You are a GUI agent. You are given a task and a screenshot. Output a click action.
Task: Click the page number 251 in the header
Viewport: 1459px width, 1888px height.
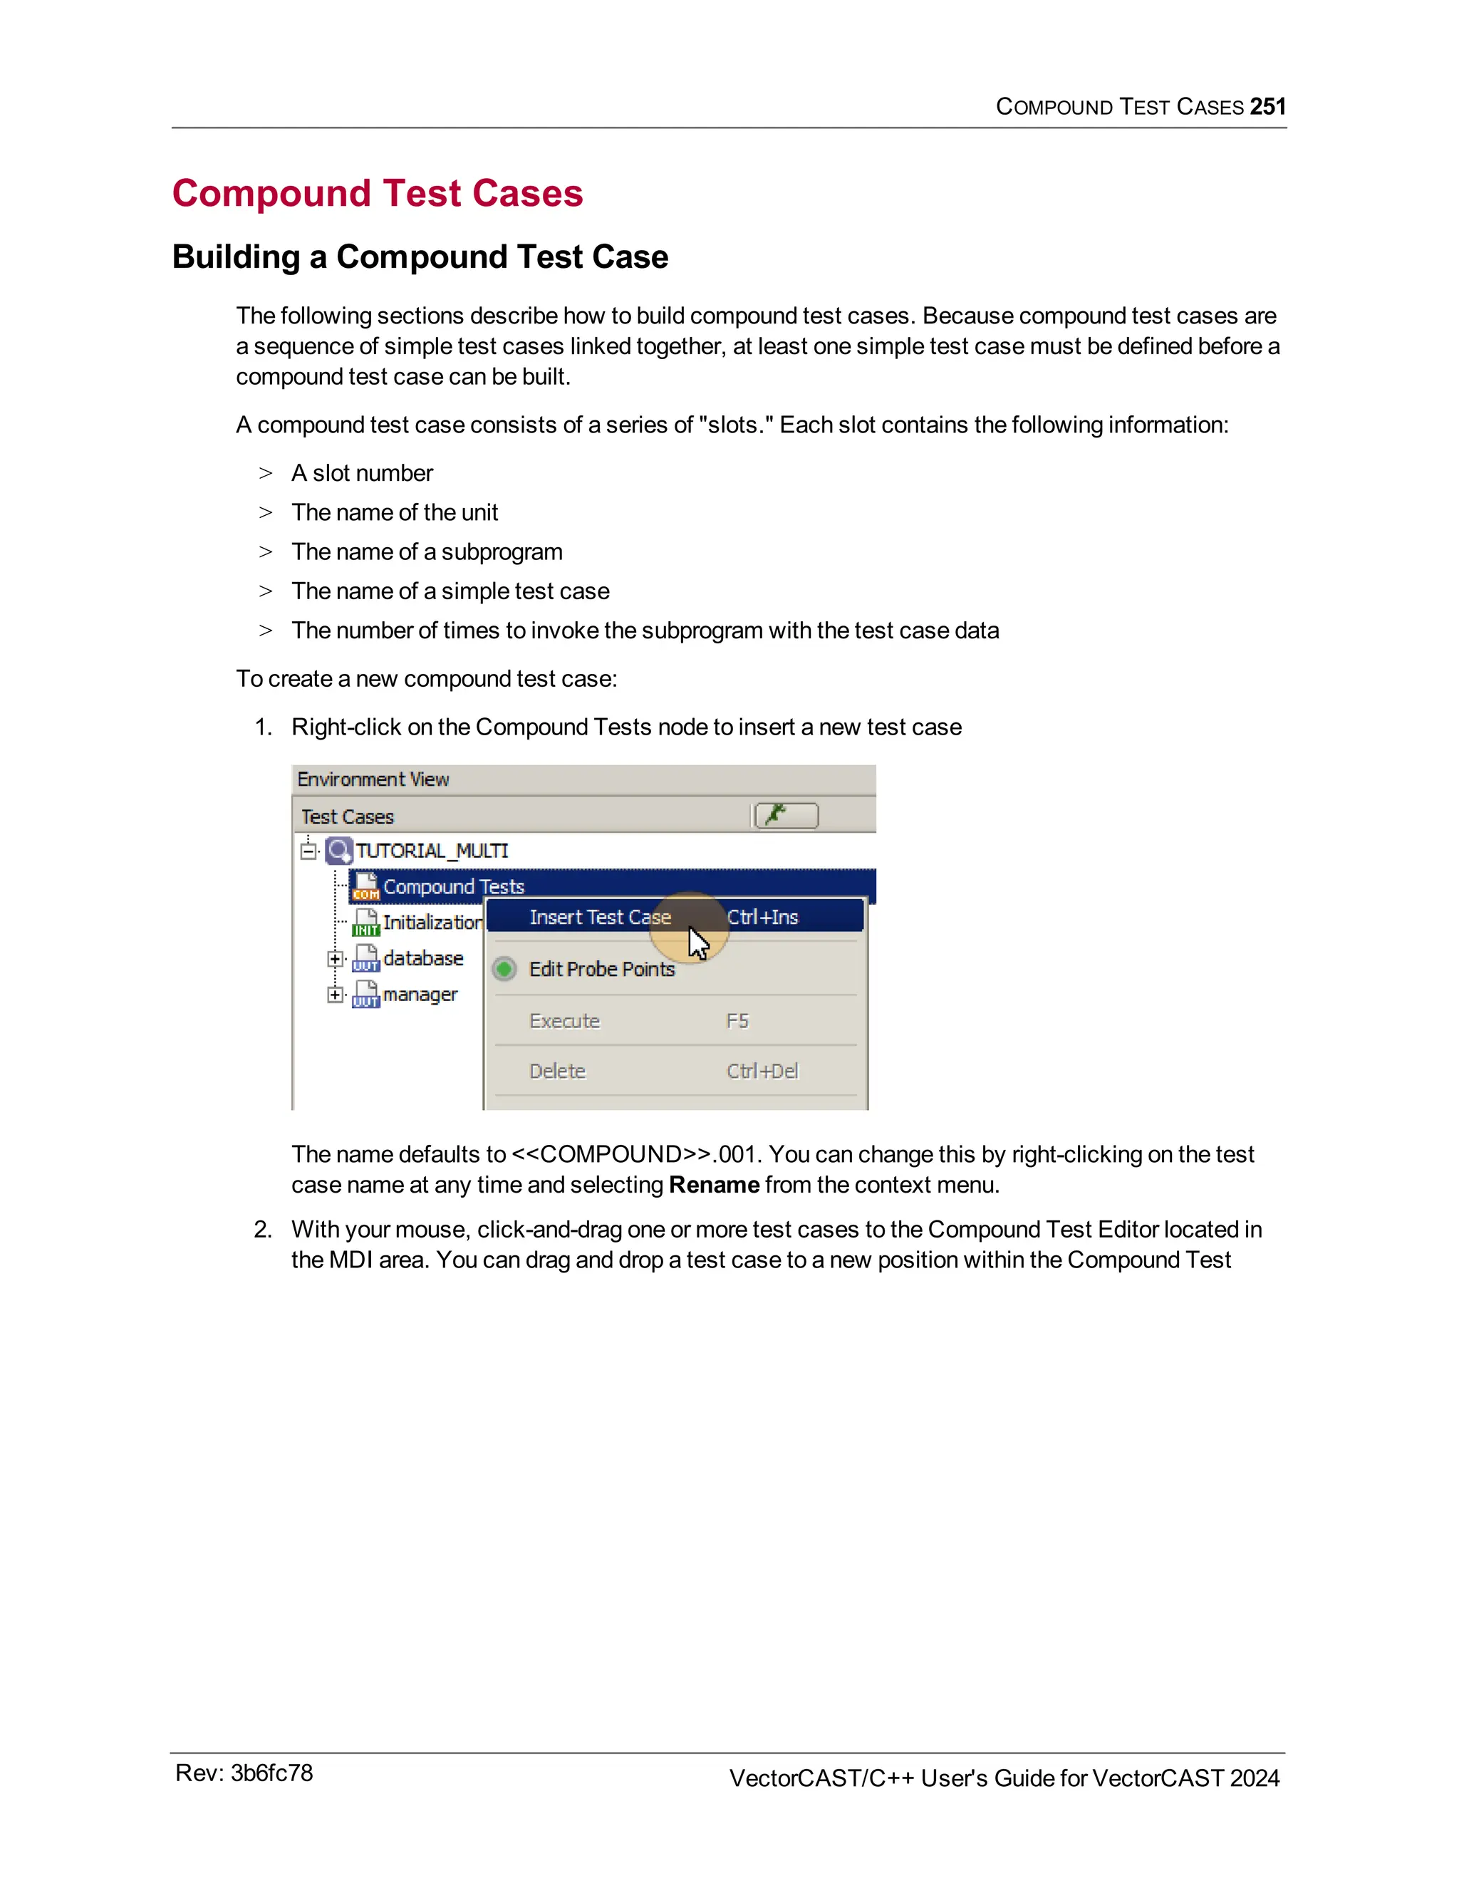pos(1267,106)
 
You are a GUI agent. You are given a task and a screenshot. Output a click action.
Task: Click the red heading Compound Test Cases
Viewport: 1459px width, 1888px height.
pos(378,193)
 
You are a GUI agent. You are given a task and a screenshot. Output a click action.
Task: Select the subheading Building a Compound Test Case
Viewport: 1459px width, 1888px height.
pos(420,256)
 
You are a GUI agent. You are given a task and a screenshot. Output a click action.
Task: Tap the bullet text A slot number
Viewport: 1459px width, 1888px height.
pos(362,473)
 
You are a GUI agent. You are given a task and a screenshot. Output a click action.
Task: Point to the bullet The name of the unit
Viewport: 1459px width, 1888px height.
pos(394,513)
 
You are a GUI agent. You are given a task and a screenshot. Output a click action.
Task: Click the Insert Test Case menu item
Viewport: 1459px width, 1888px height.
pos(600,917)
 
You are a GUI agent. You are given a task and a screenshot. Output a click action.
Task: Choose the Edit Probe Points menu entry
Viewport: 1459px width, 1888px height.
pos(601,969)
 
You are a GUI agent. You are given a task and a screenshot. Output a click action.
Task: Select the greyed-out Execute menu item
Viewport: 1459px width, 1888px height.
pos(564,1021)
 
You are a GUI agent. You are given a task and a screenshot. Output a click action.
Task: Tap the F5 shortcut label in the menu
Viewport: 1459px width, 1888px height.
pos(737,1021)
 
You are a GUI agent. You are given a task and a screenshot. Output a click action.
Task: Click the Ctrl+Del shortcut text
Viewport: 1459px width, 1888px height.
pos(762,1071)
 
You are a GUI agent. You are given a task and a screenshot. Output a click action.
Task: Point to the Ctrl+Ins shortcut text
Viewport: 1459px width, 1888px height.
pos(762,917)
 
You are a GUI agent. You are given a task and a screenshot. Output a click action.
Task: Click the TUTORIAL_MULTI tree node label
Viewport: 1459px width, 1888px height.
pos(432,851)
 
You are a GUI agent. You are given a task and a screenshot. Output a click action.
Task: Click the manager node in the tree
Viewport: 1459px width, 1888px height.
pos(420,994)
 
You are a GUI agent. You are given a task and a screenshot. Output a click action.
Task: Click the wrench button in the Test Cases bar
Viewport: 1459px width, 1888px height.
pos(786,815)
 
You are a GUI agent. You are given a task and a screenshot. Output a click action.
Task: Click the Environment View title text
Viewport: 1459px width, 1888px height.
pos(373,779)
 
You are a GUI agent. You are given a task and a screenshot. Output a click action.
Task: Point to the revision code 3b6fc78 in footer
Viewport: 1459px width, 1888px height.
pos(271,1773)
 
